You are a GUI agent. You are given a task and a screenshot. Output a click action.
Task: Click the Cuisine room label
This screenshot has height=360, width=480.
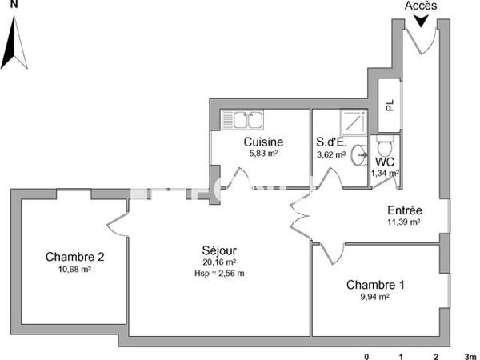(263, 142)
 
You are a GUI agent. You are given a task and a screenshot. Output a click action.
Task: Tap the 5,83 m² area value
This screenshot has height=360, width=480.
(263, 154)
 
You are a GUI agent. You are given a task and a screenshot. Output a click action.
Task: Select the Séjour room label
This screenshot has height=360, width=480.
(218, 250)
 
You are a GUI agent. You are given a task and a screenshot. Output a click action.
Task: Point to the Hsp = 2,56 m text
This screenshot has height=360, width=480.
(218, 273)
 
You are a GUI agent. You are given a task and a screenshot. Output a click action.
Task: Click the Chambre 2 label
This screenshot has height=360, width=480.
(74, 257)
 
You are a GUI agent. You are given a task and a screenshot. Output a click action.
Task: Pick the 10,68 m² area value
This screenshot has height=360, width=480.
(74, 270)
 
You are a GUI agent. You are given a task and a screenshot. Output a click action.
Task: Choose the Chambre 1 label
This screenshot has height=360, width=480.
(374, 285)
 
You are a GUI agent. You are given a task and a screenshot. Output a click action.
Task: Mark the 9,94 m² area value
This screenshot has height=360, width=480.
(374, 297)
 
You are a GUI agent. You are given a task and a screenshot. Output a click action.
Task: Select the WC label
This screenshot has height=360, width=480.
(385, 161)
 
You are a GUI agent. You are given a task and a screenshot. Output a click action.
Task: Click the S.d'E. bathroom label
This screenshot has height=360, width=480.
(330, 142)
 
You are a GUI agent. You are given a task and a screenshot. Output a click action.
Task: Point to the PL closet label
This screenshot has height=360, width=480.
(390, 106)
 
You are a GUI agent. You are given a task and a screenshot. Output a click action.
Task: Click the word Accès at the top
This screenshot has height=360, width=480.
(421, 6)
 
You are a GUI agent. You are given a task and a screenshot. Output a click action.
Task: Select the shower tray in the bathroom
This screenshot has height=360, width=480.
(352, 122)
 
